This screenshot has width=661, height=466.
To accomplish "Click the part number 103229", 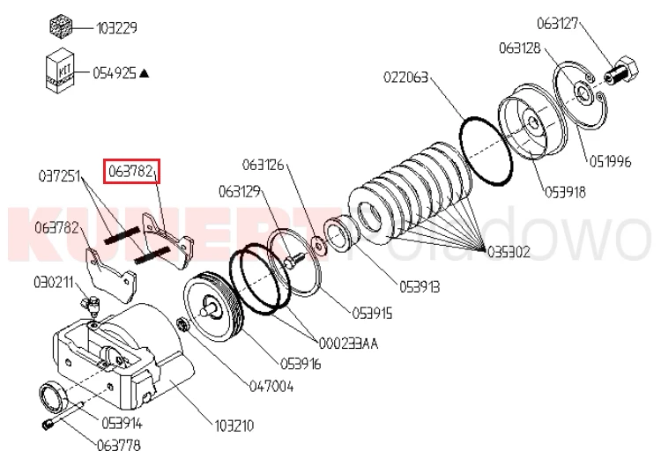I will [117, 27].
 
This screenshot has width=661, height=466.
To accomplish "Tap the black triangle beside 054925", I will [144, 73].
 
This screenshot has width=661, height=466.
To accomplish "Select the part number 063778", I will [118, 444].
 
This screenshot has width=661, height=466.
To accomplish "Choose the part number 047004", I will [273, 385].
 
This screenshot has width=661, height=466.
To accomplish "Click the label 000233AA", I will [349, 344].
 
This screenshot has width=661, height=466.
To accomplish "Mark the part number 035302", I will [509, 251].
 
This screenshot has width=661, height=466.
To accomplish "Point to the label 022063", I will [405, 78].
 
